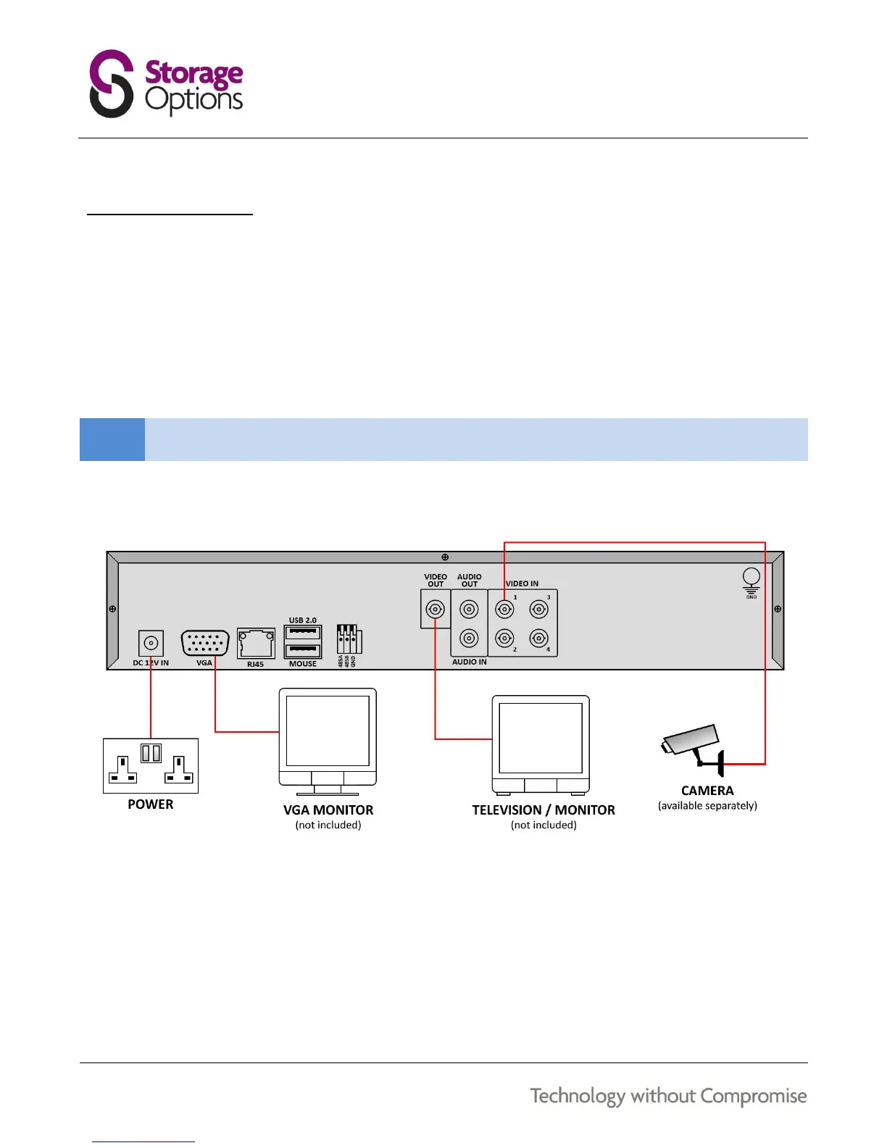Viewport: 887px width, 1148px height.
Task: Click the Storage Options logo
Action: point(166,83)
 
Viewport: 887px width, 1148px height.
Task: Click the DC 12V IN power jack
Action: point(151,643)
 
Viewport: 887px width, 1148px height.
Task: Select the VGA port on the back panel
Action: point(205,643)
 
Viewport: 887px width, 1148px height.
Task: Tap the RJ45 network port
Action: point(256,643)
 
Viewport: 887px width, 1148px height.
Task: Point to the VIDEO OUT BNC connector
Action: point(435,609)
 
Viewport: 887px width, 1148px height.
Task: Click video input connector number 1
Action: point(504,610)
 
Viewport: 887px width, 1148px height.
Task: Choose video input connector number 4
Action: point(538,639)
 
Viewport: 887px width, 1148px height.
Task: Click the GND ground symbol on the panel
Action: point(751,580)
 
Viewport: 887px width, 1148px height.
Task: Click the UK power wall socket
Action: point(151,765)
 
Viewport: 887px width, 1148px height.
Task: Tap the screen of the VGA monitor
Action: point(328,731)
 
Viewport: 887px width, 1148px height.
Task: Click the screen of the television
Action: point(541,737)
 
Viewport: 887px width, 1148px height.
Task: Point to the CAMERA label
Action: point(707,791)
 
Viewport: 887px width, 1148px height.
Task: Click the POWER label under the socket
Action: point(151,804)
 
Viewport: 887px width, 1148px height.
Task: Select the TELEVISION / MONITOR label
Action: point(544,810)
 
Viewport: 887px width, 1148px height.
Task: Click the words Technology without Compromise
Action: point(668,1096)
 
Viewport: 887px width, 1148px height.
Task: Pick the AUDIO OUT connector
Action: point(470,610)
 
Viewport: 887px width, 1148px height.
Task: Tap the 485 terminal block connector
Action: point(349,640)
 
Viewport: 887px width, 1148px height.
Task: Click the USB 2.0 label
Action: point(303,620)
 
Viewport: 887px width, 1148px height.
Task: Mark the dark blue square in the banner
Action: point(112,439)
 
